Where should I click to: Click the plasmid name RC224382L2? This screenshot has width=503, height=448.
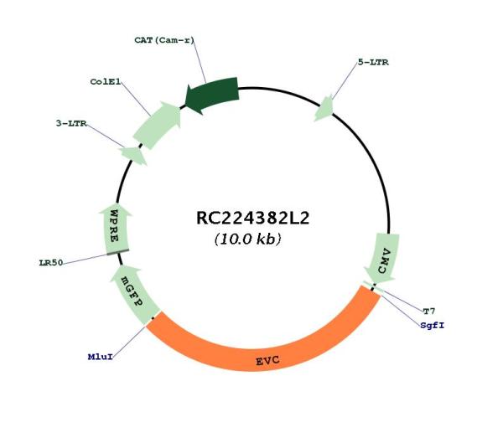coord(252,219)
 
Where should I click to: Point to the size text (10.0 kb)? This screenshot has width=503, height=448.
coord(247,239)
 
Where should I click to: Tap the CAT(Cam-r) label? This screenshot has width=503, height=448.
coord(164,40)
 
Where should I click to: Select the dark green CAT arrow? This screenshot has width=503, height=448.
coord(212,95)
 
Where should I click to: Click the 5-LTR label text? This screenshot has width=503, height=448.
coord(373,62)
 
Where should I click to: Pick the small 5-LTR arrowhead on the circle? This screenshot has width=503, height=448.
coord(324,108)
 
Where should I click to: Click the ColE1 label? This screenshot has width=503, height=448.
coord(106,82)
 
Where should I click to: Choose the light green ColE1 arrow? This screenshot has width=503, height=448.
coord(158,126)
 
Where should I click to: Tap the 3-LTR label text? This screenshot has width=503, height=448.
coord(71,123)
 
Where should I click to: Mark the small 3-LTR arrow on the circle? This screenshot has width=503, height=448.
coord(133,155)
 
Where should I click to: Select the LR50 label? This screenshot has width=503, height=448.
coord(51,263)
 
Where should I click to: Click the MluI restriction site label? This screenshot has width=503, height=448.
coord(101,357)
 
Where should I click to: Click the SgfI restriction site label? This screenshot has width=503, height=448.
coord(433,325)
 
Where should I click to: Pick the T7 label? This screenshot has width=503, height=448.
coord(429,311)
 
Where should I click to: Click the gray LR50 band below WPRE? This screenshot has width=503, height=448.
coord(118,252)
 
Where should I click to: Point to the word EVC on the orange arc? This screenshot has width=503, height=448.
coord(268,361)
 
